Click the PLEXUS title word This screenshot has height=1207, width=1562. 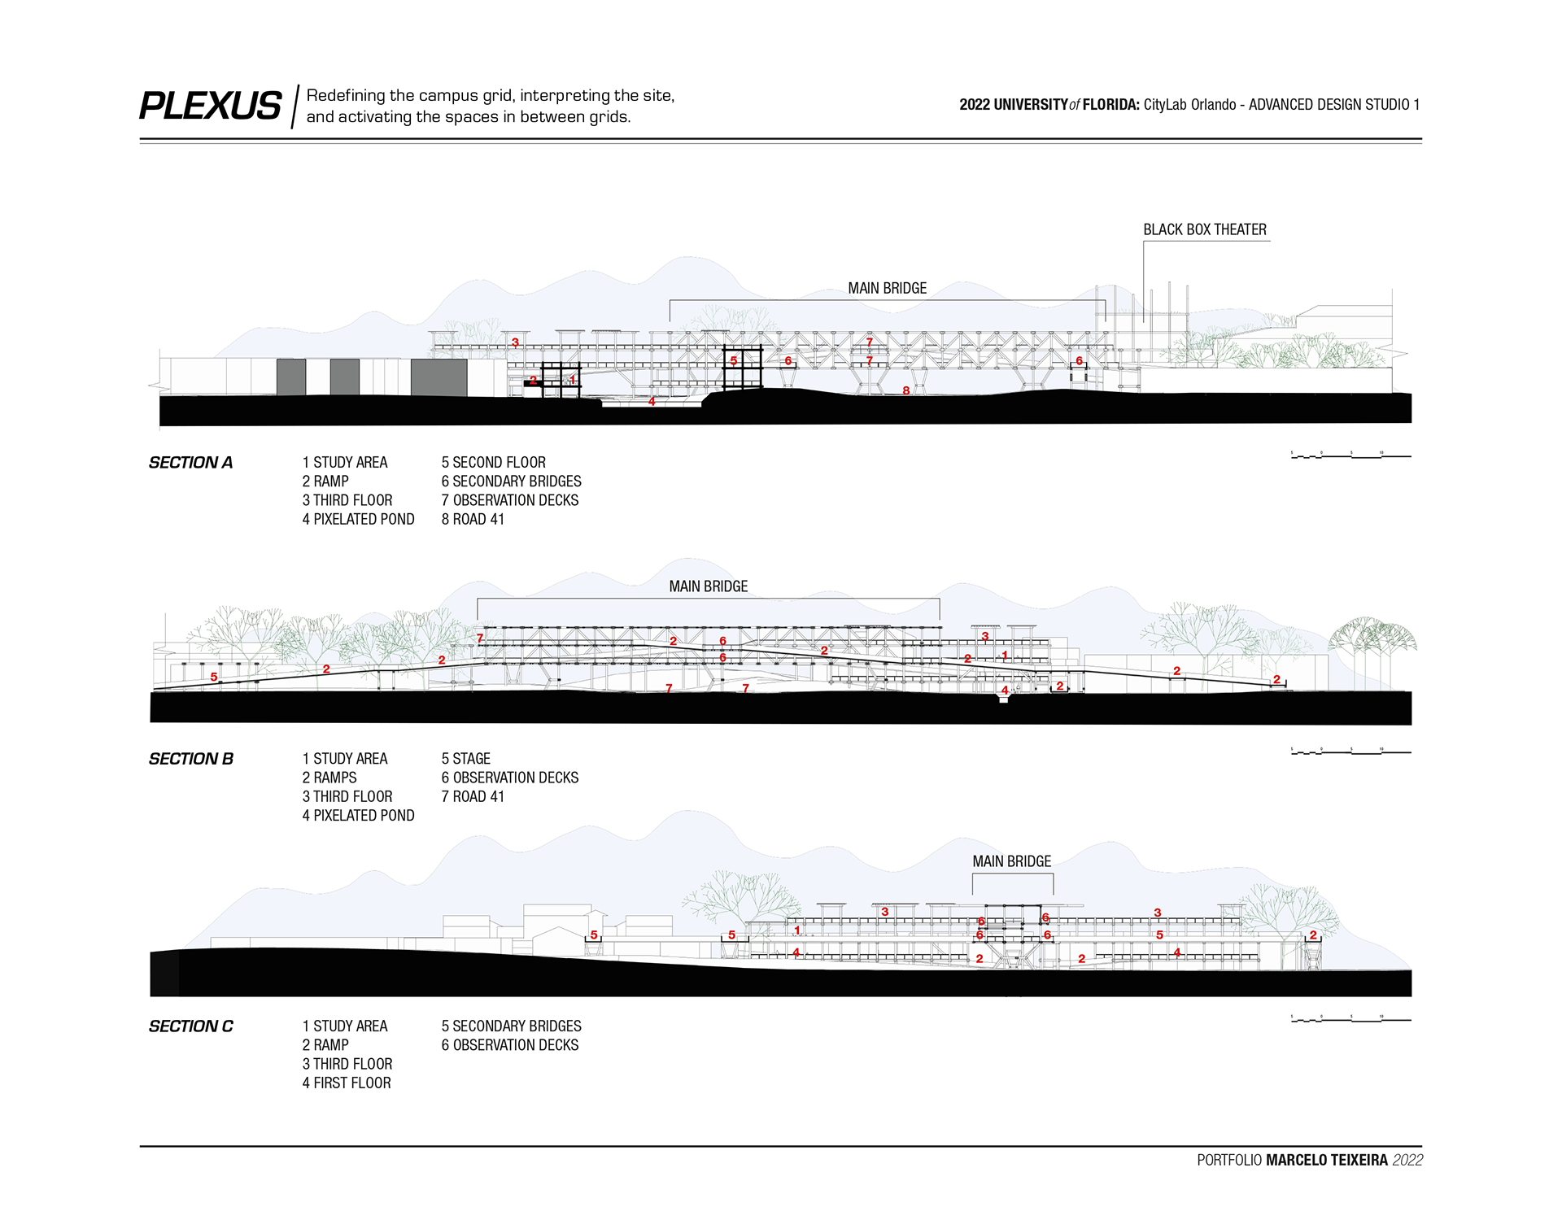point(210,107)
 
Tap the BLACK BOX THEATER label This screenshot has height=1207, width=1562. point(1204,230)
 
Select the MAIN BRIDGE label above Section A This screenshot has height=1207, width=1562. point(887,289)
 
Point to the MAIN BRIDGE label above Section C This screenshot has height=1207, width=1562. point(1011,861)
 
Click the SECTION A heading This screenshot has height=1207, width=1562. point(190,463)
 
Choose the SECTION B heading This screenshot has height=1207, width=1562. point(190,759)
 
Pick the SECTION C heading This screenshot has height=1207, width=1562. point(190,1026)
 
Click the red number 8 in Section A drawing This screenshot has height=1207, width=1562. point(905,391)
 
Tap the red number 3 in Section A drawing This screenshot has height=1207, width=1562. point(515,343)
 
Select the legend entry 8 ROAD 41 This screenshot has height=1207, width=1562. point(473,520)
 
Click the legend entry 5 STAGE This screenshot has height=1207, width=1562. point(465,759)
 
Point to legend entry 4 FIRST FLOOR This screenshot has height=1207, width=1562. point(347,1083)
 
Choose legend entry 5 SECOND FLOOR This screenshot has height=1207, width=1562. point(493,463)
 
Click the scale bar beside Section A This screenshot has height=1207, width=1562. point(1350,455)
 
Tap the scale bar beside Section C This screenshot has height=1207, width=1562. point(1350,1019)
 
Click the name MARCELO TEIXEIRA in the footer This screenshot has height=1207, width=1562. point(1326,1161)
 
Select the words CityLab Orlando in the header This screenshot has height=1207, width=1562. point(1189,105)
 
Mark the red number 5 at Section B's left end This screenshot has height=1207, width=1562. point(214,678)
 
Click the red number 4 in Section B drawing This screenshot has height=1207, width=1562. point(1005,691)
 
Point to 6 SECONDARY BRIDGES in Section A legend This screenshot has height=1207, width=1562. point(511,481)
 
